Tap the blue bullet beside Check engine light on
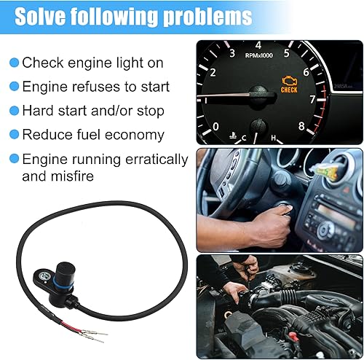click(x=14, y=63)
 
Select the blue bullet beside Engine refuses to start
click(x=14, y=87)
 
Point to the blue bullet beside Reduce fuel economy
click(x=14, y=135)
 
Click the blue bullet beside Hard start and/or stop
click(x=14, y=111)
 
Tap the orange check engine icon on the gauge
click(x=290, y=79)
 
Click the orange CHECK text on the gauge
click(x=289, y=90)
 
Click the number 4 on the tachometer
click(x=258, y=45)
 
